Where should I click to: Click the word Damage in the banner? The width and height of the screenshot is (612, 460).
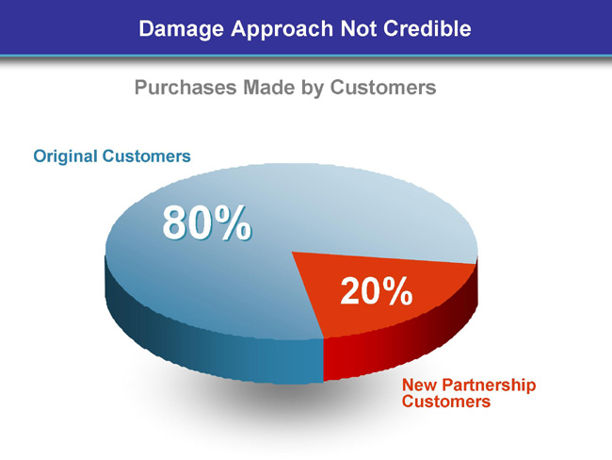click(181, 29)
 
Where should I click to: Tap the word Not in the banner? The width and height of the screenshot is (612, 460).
click(359, 29)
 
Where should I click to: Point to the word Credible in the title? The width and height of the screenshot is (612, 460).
click(427, 28)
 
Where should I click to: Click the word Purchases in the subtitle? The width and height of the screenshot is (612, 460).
click(185, 87)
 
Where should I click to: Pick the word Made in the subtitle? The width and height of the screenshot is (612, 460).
click(269, 87)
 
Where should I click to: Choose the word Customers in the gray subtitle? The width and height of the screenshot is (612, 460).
click(383, 87)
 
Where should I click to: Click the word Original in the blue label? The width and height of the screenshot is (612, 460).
click(65, 156)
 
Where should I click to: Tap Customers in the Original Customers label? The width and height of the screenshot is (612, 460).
click(146, 156)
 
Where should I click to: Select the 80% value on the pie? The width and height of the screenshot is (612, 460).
click(207, 223)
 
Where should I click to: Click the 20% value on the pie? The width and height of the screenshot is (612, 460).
click(377, 290)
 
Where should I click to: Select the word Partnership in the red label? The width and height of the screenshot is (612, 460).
click(489, 386)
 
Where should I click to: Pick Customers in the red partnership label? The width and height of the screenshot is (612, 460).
click(446, 402)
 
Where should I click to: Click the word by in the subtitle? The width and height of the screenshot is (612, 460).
click(313, 88)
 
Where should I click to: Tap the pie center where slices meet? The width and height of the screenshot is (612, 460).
click(292, 252)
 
